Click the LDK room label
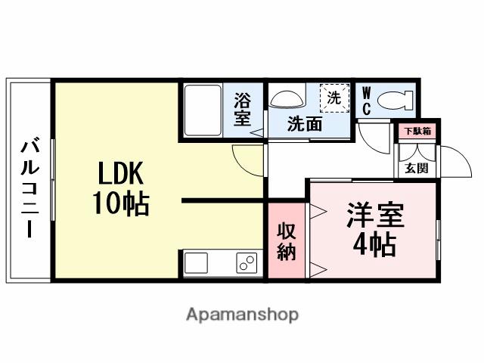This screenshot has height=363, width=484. [x=119, y=175]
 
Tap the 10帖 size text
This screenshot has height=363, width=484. [x=120, y=203]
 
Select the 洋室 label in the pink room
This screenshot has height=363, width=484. [x=375, y=214]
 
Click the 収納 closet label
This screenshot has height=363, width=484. [x=287, y=241]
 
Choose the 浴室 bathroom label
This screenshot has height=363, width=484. [x=242, y=109]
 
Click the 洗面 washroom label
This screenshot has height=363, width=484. [x=305, y=125]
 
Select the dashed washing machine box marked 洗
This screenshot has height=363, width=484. [x=334, y=98]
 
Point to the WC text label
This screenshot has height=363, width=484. [x=367, y=102]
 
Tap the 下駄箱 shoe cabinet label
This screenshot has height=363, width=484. [x=417, y=132]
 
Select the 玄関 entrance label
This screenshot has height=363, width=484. [x=417, y=167]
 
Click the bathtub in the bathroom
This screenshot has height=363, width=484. [x=202, y=110]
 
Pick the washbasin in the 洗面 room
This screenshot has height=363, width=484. [x=286, y=99]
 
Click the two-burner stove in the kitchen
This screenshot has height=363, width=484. [x=247, y=264]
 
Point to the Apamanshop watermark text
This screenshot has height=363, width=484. [x=242, y=314]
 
